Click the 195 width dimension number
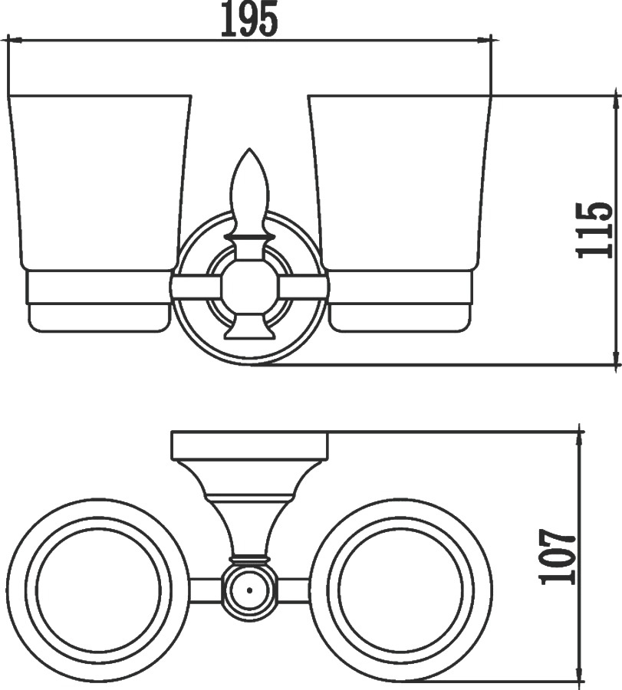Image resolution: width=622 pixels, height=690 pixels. [249, 19]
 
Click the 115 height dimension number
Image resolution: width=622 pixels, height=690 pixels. [594, 230]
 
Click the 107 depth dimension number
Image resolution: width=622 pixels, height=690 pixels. [558, 557]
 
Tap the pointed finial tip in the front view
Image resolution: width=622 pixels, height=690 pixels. [249, 149]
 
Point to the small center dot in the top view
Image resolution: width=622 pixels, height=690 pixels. [249, 590]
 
